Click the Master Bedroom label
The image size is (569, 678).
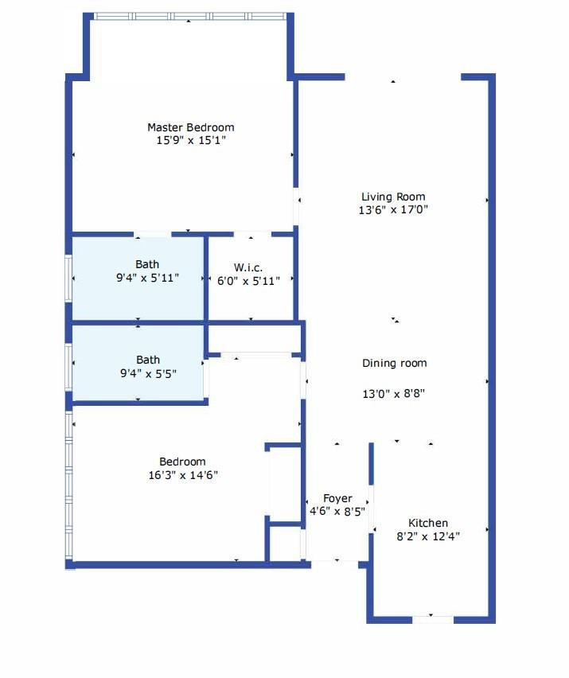coord(190,127)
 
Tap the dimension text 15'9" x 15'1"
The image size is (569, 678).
coord(190,141)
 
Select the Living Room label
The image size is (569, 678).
coord(393,197)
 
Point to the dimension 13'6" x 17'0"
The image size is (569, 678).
coord(393,211)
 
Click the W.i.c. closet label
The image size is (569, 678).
coord(248,267)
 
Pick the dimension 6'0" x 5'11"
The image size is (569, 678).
coord(248,280)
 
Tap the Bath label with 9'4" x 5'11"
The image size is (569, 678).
coord(147,264)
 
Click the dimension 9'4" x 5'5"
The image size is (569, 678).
coord(147,373)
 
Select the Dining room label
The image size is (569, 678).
coord(395,363)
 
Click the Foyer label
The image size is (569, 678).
coord(337,498)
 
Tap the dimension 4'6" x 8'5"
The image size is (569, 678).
coord(337,512)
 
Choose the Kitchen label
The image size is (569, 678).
coord(428,523)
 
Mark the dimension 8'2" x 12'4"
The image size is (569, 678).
coord(428,536)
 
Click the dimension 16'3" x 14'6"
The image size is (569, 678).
coord(182,475)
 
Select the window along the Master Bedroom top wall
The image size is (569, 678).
coord(189,16)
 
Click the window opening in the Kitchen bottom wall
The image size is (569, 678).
coord(432,618)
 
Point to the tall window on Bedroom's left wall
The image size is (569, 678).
coord(69,485)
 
